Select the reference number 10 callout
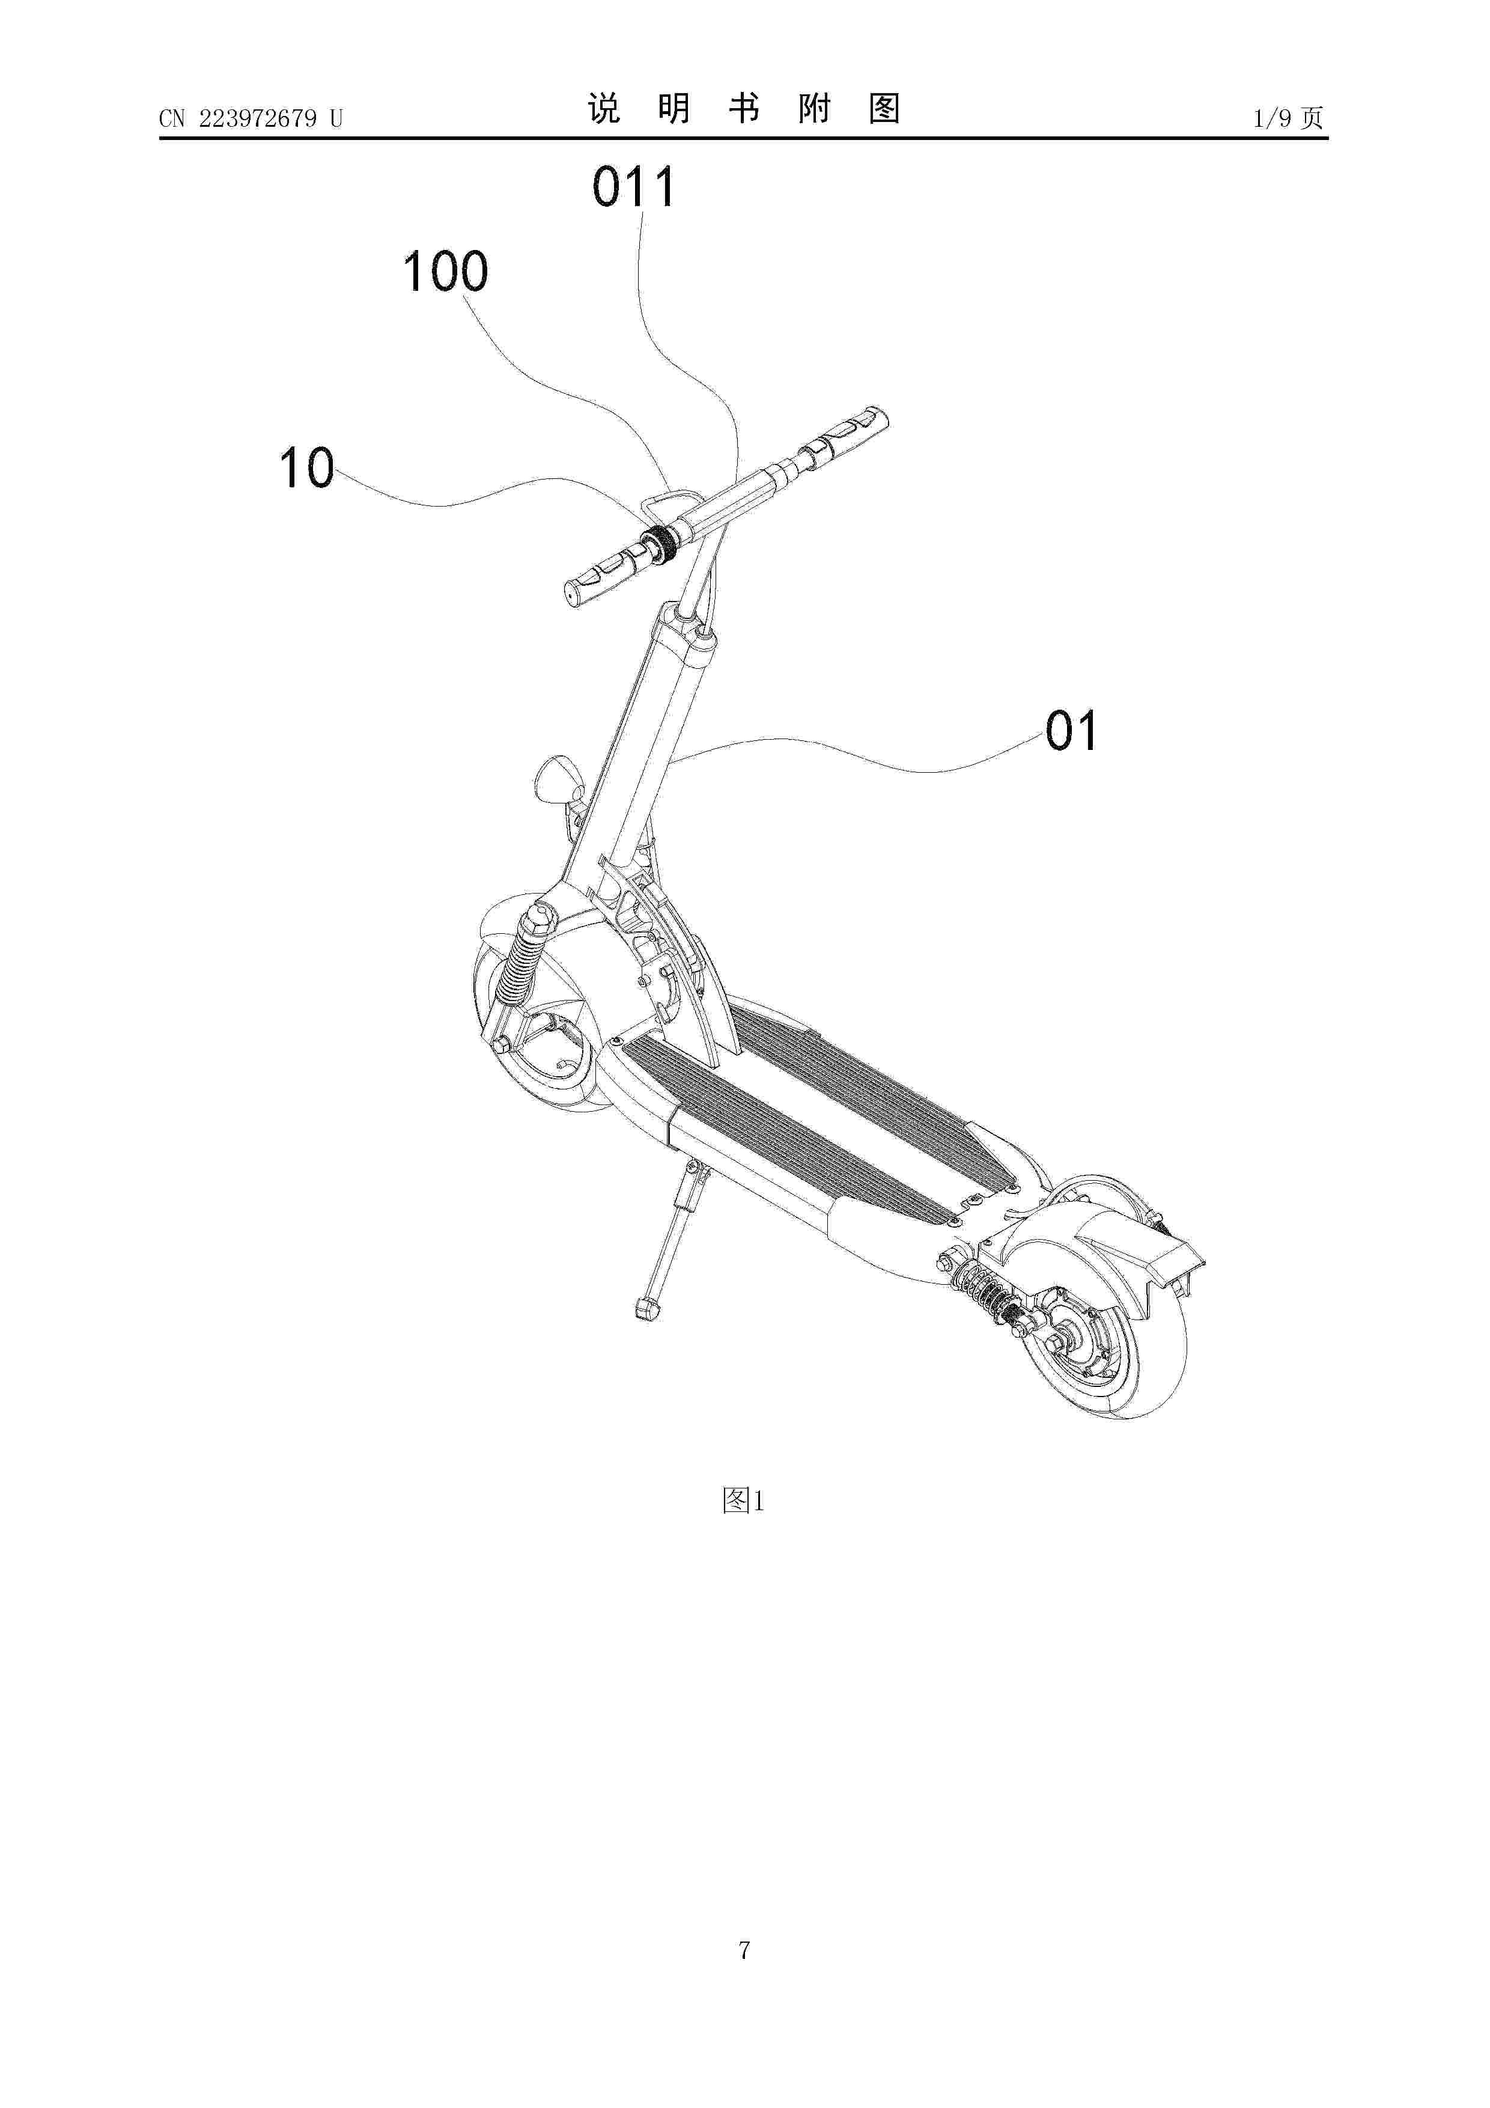pyautogui.click(x=306, y=468)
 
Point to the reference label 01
pyautogui.click(x=1071, y=732)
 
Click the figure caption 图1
pyautogui.click(x=744, y=1501)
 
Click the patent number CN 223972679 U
pyautogui.click(x=251, y=118)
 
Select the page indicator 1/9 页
pyautogui.click(x=1288, y=118)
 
